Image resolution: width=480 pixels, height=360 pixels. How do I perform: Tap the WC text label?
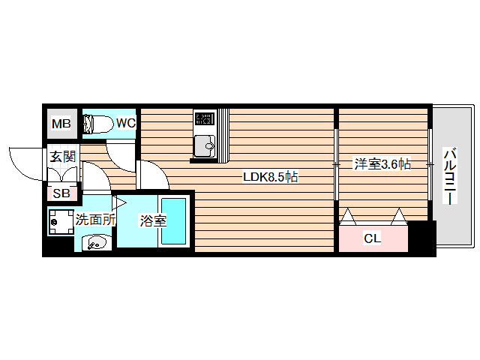pos(125,122)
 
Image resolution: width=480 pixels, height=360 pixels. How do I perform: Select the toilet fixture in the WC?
pos(97,124)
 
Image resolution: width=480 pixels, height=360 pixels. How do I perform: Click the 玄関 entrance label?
pos(62,157)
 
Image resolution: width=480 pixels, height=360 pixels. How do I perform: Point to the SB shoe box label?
pos(60,193)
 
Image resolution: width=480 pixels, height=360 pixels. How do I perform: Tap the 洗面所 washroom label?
pos(95,220)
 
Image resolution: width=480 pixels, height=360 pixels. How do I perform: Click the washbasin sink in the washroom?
pos(96,242)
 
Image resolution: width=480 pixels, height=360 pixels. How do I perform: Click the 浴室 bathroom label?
pos(153,221)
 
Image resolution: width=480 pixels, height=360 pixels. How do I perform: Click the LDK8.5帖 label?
pos(270,178)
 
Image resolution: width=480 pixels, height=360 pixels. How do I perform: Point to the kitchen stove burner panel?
pos(204,118)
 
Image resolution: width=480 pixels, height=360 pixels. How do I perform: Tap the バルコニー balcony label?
pos(449,178)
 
